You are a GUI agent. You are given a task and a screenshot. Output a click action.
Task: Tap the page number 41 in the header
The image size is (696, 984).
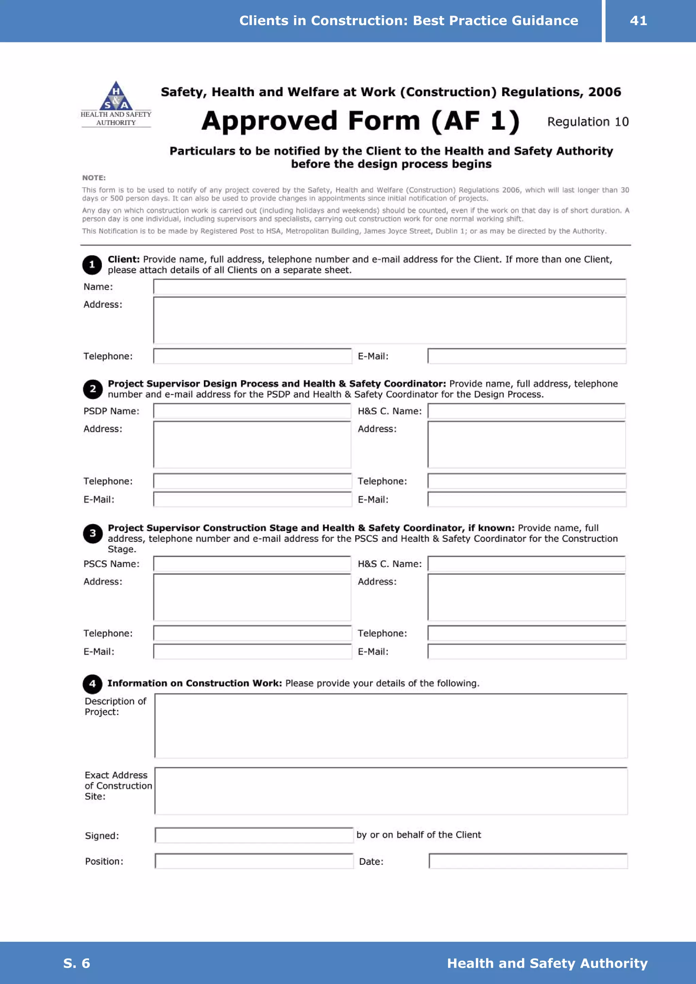(x=638, y=21)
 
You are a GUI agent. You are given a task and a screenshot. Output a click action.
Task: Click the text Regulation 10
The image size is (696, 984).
(x=588, y=122)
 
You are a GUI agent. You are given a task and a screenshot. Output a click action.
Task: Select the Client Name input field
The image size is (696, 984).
(x=389, y=287)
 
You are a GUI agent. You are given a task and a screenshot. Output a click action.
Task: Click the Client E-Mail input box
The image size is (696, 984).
(x=527, y=356)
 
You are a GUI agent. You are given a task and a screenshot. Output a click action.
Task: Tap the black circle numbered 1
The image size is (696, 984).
(x=92, y=265)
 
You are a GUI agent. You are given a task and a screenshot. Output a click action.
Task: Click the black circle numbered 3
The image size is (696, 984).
(x=93, y=534)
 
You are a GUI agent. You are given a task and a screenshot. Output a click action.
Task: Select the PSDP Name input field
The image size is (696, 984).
(x=252, y=411)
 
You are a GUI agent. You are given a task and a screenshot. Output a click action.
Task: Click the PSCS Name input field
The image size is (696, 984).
(x=252, y=563)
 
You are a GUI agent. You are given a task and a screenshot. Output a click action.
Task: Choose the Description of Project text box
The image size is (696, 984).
(x=391, y=726)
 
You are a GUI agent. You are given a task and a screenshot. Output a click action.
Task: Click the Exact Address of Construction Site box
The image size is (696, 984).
(x=391, y=791)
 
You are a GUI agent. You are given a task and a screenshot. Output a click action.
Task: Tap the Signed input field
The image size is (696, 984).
(x=254, y=835)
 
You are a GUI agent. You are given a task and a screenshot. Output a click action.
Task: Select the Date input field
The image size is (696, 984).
(x=528, y=861)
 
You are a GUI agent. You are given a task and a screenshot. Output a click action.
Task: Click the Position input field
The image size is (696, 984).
(x=254, y=861)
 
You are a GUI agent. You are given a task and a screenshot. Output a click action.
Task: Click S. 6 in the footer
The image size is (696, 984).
(x=76, y=963)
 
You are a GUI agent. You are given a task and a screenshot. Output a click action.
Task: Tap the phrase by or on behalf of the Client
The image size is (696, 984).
(x=419, y=835)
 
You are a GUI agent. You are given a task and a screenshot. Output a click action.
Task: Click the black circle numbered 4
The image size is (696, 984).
(x=92, y=684)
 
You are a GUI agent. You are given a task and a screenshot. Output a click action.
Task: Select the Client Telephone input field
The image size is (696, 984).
(x=252, y=356)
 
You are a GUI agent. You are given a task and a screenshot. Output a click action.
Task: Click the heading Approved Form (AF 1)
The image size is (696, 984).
(x=360, y=121)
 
